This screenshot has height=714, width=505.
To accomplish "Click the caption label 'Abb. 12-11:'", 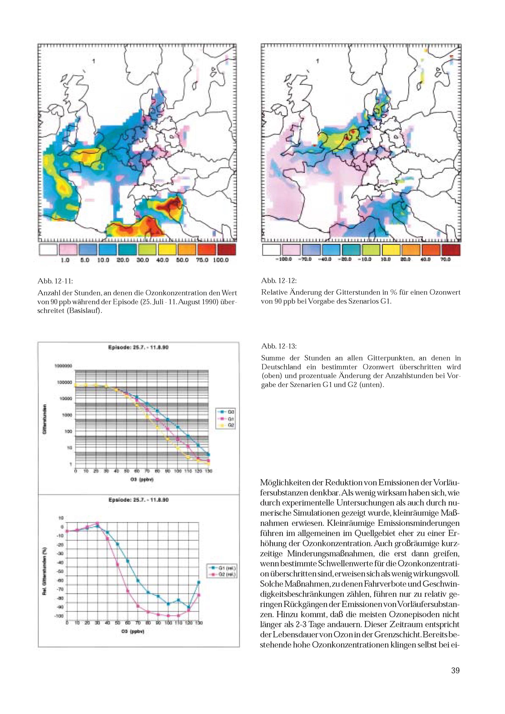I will [x=55, y=281].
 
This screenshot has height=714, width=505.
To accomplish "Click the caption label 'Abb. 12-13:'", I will [x=279, y=346].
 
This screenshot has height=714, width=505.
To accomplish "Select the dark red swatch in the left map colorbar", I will [x=226, y=249].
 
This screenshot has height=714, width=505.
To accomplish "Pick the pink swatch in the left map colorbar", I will [x=68, y=249].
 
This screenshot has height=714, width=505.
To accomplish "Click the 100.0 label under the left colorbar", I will [x=221, y=260].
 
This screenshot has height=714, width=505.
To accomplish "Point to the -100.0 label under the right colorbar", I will [x=283, y=259].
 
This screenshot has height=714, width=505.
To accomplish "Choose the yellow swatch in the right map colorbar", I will [x=391, y=250].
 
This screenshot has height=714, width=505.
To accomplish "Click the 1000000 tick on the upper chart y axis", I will [x=63, y=366].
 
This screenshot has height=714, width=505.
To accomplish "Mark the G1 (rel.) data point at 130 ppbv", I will [x=199, y=582].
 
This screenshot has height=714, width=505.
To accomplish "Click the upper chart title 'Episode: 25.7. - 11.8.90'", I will [x=138, y=348].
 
